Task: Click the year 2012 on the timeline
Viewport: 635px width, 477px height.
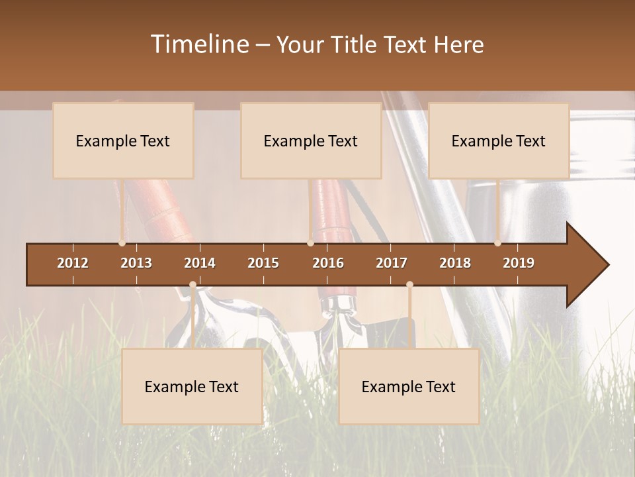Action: click(x=73, y=263)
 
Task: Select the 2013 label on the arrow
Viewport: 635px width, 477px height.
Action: click(x=136, y=263)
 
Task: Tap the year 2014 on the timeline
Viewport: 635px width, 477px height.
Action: click(x=200, y=263)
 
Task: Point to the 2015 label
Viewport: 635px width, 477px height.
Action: click(x=263, y=263)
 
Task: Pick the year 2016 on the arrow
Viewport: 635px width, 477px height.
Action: click(x=328, y=263)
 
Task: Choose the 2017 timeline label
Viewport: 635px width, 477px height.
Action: click(x=392, y=263)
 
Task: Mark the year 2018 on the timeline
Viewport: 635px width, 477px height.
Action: click(x=455, y=263)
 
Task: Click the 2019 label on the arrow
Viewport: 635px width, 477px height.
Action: click(x=519, y=263)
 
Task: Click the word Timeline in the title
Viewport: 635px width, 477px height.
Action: click(x=198, y=44)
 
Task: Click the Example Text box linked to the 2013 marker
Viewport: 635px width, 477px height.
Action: click(x=123, y=140)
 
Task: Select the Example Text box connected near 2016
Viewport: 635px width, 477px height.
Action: click(x=311, y=140)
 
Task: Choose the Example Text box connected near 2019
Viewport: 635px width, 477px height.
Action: click(x=499, y=140)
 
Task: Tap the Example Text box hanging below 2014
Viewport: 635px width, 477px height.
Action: click(x=192, y=386)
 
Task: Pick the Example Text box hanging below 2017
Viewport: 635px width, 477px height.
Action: click(x=409, y=386)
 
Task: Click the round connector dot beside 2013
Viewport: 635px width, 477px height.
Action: click(x=122, y=243)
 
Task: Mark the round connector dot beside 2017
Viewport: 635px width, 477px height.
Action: click(x=409, y=285)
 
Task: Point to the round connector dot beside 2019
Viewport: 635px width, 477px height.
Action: click(x=497, y=243)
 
